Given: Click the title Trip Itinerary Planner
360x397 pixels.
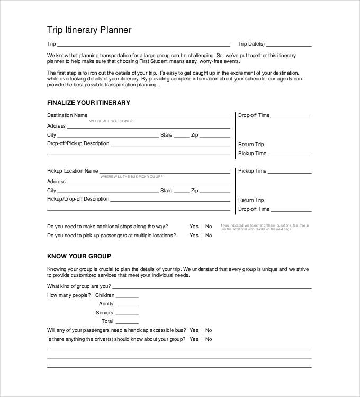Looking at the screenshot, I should pyautogui.click(x=89, y=30).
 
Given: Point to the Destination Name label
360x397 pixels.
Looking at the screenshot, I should pyautogui.click(x=67, y=115).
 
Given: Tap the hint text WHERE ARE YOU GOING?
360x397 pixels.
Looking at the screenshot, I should pyautogui.click(x=111, y=121).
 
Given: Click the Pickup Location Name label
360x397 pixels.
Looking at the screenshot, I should pyautogui.click(x=73, y=171).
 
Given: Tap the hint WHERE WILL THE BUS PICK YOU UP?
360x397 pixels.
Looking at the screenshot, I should pyautogui.click(x=131, y=176).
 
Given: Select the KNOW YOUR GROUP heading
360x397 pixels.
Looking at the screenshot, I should pyautogui.click(x=79, y=256).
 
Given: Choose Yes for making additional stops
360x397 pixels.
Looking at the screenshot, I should pyautogui.click(x=194, y=227).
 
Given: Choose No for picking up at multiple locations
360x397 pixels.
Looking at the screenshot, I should pyautogui.click(x=209, y=236).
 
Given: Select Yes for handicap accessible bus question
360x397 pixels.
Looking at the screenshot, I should pyautogui.click(x=194, y=330).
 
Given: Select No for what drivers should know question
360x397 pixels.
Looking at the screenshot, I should pyautogui.click(x=209, y=339).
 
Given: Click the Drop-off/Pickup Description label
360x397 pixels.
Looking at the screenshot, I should pyautogui.click(x=78, y=143).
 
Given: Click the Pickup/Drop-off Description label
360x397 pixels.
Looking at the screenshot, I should pyautogui.click(x=78, y=199).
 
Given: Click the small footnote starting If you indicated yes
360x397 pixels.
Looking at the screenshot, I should pyautogui.click(x=264, y=227).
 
